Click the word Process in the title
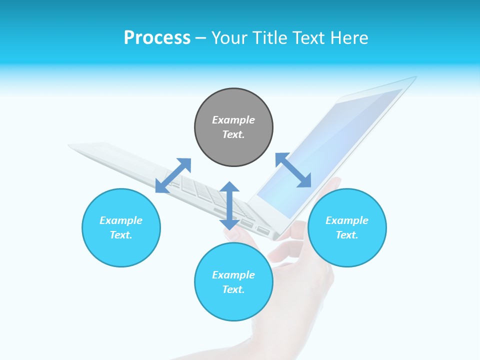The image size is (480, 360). pos(157,38)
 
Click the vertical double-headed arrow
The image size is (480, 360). pos(229,205)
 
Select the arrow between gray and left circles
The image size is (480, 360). pos(173,175)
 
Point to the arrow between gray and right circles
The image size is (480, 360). pos(293,170)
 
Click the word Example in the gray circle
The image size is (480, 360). pos(233,120)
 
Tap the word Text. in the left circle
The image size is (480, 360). pos(121,235)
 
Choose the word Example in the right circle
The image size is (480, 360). pos(347,220)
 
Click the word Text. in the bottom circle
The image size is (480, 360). pos(233,289)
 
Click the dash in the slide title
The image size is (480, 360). pos(201,38)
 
